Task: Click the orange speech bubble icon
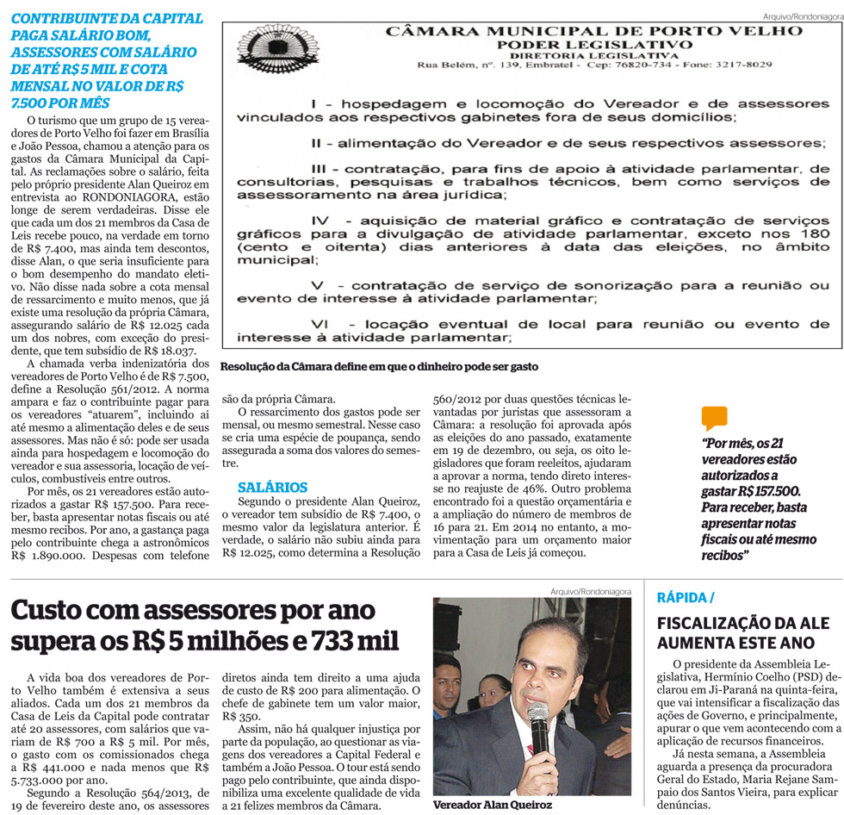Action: point(714,418)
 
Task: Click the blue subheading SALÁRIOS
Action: point(272,487)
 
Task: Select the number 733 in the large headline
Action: point(338,642)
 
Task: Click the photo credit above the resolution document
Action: point(801,16)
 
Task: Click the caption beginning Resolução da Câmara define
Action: point(379,366)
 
